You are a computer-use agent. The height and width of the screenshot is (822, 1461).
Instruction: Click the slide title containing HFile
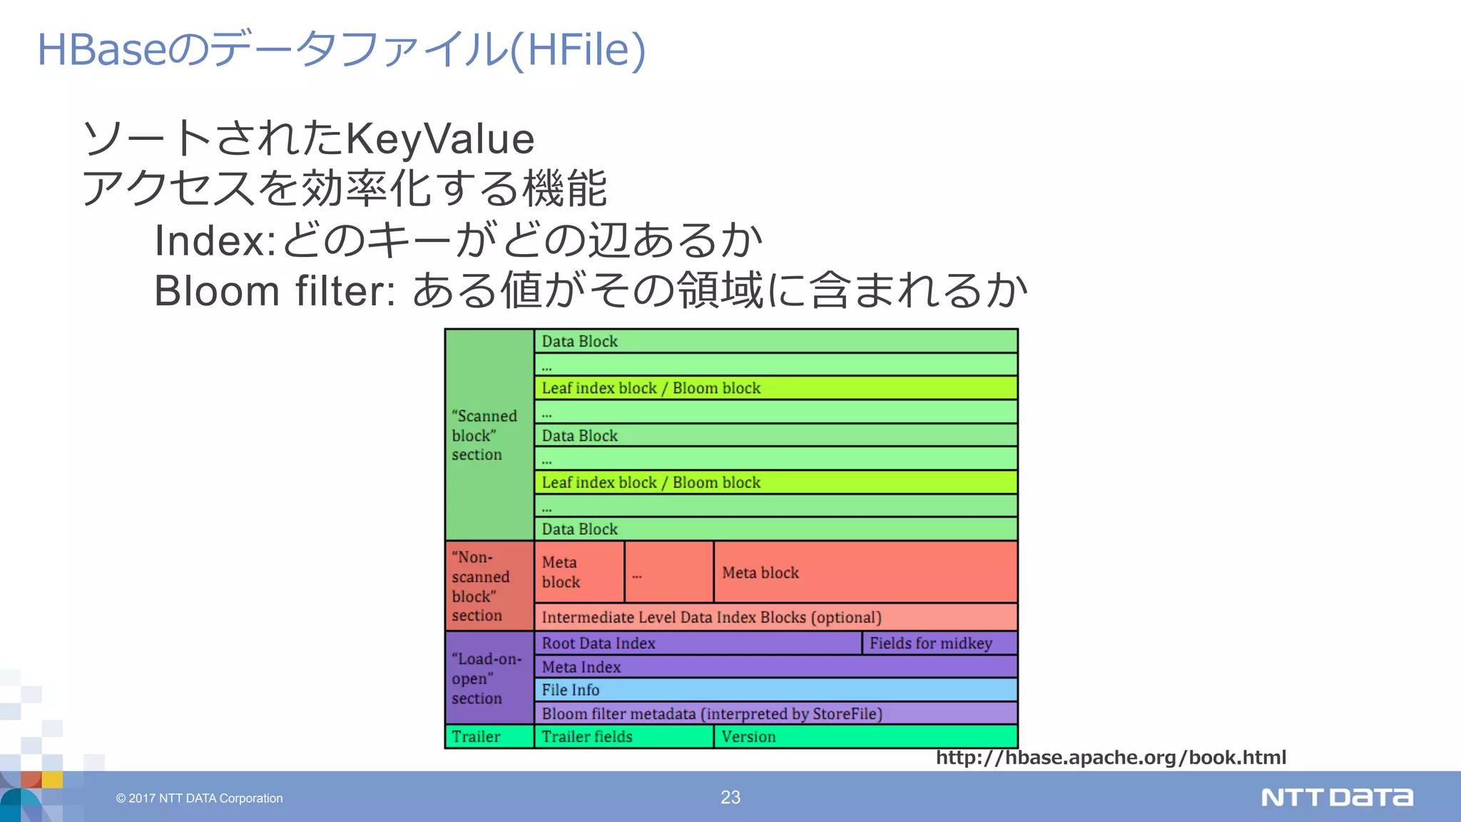coord(341,50)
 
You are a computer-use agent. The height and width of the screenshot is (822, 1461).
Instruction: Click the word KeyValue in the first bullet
coord(439,138)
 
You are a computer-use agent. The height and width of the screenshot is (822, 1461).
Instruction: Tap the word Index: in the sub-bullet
coord(215,240)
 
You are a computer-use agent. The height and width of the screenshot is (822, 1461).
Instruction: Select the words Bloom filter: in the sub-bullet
coord(275,291)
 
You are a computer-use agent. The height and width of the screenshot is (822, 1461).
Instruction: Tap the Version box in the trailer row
coord(865,736)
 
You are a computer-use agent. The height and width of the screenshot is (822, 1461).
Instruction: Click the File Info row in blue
coord(775,690)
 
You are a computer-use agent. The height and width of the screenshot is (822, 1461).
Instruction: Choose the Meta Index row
coord(775,667)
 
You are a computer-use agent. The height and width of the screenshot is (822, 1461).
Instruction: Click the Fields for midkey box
coord(940,643)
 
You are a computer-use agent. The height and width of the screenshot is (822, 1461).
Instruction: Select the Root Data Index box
coord(698,643)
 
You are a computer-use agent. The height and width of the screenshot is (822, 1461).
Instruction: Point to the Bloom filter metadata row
coord(775,714)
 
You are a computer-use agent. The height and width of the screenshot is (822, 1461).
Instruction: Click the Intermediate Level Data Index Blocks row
coord(775,617)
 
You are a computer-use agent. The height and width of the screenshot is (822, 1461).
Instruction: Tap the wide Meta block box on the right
coord(865,572)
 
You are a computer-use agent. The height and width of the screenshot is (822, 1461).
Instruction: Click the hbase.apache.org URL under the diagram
coord(1111,758)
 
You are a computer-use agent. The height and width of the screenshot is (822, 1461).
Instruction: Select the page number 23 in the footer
coord(730,798)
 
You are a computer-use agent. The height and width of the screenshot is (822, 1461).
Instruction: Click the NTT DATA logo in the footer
coord(1337,798)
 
